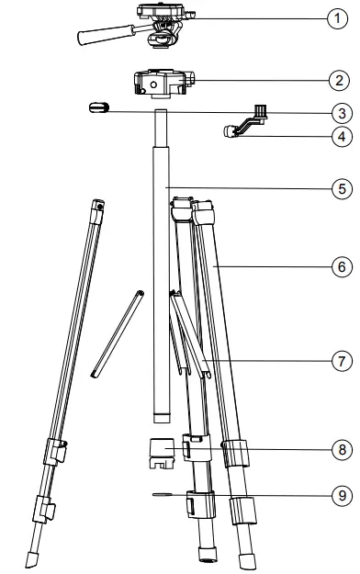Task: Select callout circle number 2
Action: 341,79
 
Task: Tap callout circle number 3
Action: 341,114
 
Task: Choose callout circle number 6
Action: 341,267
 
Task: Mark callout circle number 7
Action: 341,359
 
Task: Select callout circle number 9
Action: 341,493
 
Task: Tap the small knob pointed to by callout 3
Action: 98,107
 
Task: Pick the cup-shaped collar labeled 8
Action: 162,453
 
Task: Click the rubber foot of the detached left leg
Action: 34,558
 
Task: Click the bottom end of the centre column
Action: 162,418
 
